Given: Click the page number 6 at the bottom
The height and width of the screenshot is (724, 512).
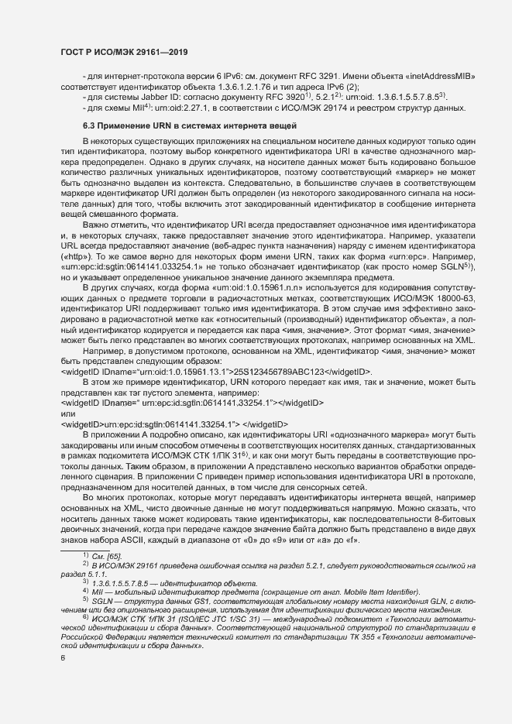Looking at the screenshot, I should point(62,679).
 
